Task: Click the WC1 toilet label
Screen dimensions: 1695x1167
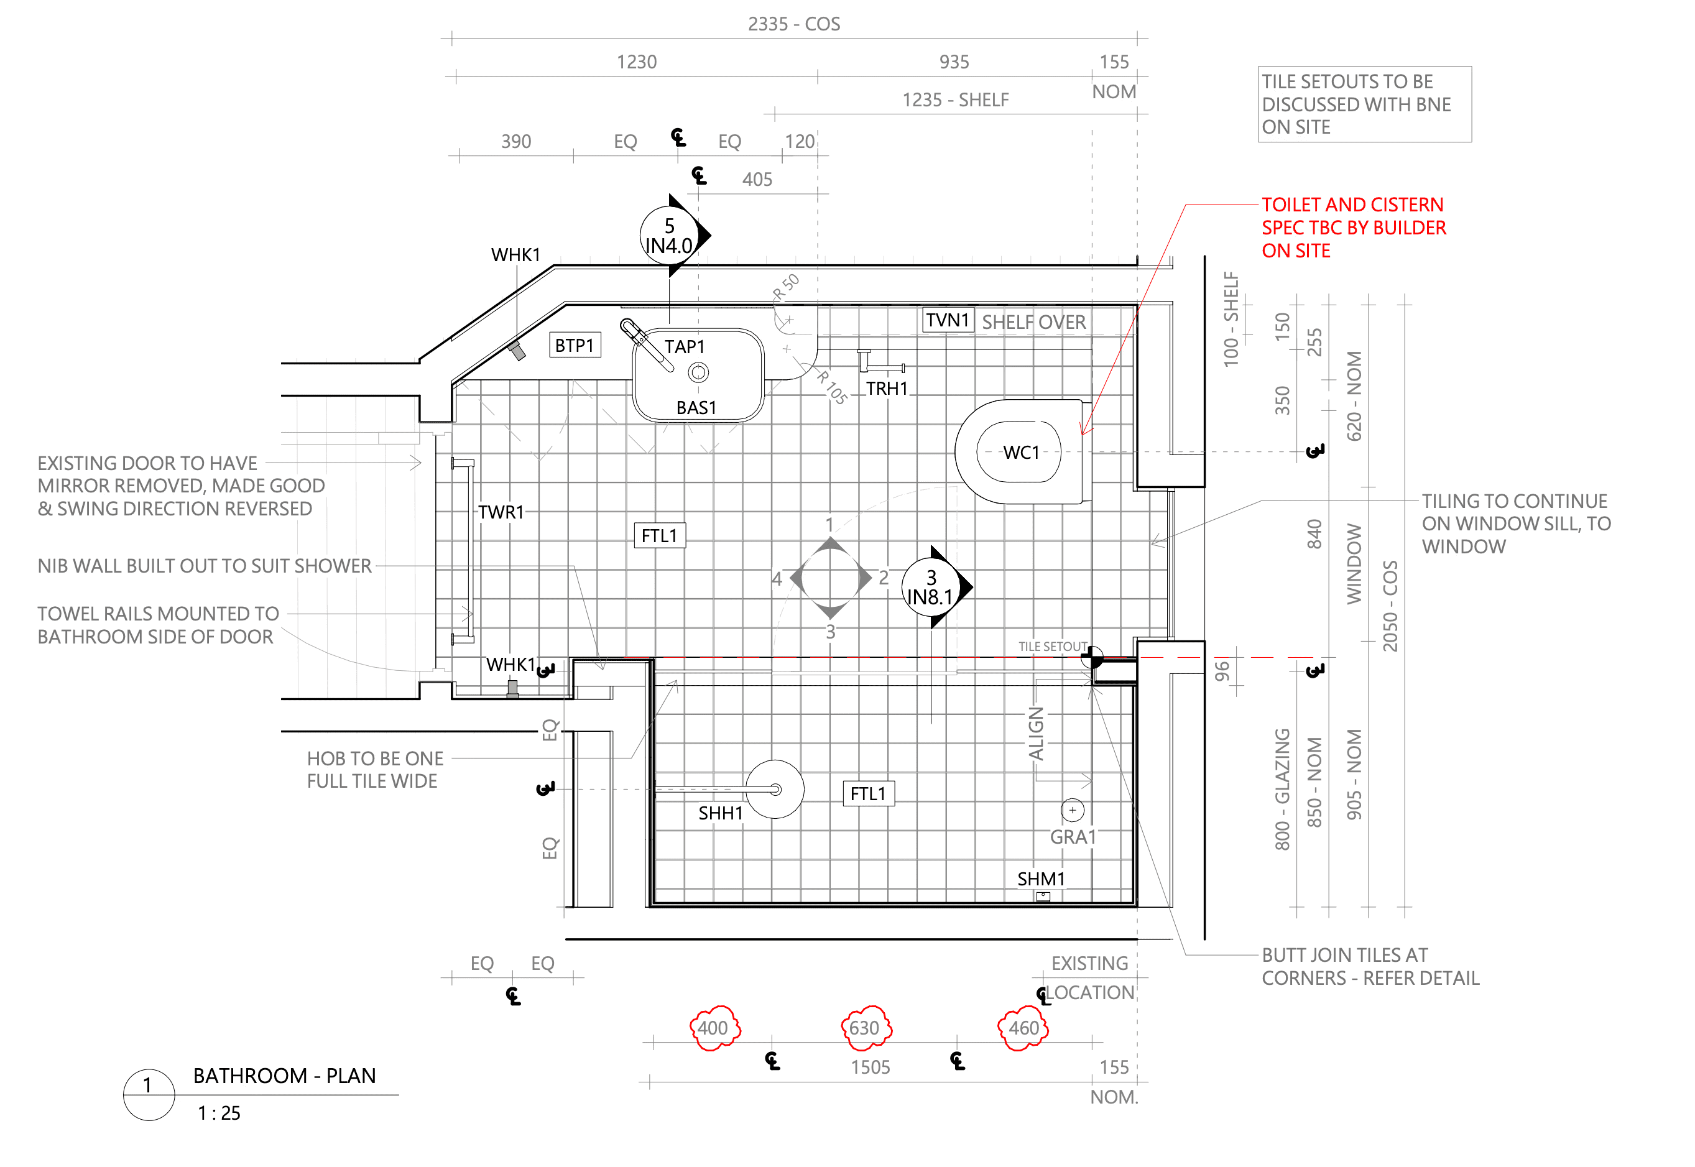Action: [1021, 453]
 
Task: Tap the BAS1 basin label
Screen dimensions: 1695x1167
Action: [696, 408]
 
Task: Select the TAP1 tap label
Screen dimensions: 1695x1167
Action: [685, 346]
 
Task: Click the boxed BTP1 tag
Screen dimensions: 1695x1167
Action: [575, 345]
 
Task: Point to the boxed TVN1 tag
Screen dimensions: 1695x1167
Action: [948, 320]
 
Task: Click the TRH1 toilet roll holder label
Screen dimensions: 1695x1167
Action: [887, 388]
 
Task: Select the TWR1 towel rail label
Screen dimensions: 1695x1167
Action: [501, 512]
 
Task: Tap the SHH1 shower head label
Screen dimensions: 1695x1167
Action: [720, 813]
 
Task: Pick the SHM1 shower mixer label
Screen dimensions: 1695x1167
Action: [1041, 879]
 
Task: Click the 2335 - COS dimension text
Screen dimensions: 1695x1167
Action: [794, 24]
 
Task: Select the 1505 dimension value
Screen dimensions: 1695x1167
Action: [870, 1068]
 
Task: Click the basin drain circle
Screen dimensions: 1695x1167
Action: [698, 373]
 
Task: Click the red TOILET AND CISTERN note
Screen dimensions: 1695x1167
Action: [1354, 228]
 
